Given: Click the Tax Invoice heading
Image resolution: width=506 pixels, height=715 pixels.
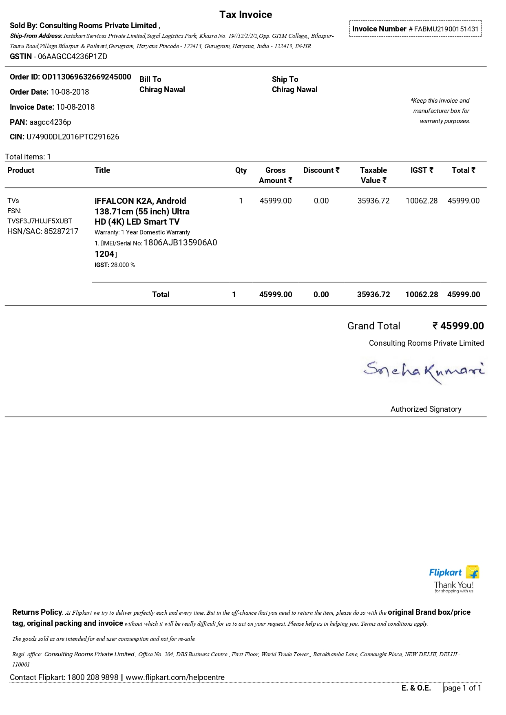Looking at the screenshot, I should [x=245, y=15].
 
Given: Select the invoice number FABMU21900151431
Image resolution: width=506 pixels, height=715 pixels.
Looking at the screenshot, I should [x=446, y=29].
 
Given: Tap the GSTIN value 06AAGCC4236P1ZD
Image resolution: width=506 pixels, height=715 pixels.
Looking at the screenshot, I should [x=73, y=57].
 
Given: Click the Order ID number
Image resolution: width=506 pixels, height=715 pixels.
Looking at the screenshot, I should [x=86, y=77].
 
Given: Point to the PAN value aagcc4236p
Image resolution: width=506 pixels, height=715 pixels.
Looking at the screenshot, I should [x=50, y=122].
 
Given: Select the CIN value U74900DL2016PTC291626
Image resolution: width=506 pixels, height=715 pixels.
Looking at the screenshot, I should [x=73, y=137].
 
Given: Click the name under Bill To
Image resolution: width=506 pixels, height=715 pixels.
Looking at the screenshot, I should [x=162, y=90].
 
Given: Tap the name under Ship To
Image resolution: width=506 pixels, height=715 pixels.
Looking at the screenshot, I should [x=294, y=90].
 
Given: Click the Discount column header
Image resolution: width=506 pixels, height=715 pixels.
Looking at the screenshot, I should [x=321, y=170].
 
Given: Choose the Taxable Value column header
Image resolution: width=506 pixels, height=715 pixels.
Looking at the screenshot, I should [x=373, y=175].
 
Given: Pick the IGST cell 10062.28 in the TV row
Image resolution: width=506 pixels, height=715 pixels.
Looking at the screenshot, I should [x=421, y=201].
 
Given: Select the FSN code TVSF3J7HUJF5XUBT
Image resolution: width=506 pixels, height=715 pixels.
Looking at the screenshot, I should [x=40, y=221].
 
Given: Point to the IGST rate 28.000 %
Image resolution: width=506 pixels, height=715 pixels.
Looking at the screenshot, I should [x=123, y=265].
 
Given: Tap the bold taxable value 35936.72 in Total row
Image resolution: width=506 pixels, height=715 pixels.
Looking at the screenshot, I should [x=373, y=295].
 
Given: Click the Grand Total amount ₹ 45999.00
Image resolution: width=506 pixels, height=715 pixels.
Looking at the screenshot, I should [x=458, y=326].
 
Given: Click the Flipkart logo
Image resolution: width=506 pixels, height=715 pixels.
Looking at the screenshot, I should [x=454, y=573].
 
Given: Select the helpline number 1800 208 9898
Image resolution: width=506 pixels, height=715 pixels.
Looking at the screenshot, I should [x=93, y=677].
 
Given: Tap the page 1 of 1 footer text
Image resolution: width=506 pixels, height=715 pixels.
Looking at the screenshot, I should [x=462, y=688].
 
